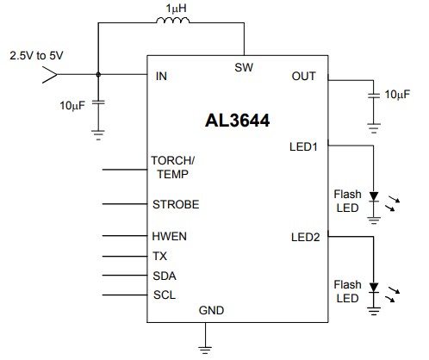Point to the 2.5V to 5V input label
coord(36,55)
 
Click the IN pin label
coord(161,76)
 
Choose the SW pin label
coord(244,67)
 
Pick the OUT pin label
coord(304,76)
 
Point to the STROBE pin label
coord(175,204)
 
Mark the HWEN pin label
coord(170,236)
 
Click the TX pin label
coord(159,256)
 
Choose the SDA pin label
coord(164,276)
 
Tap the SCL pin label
coord(164,295)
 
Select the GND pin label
coord(210,309)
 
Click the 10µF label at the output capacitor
coord(397,94)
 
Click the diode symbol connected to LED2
coord(374,288)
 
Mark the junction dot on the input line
coord(97,76)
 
